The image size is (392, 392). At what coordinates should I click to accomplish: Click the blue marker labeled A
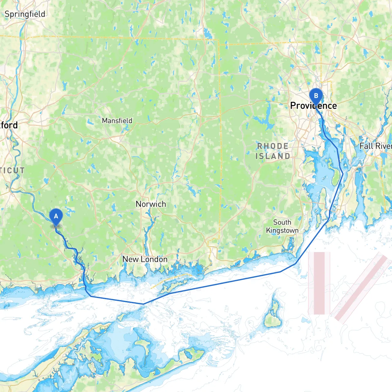56,217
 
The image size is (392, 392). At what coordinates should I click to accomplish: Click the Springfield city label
25,14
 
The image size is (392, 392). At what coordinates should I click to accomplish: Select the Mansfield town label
117,121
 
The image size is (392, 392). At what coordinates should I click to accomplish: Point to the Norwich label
151,204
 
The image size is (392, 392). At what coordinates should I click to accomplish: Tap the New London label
145,259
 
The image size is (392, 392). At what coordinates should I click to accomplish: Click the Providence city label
313,106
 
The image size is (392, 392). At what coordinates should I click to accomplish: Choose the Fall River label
375,146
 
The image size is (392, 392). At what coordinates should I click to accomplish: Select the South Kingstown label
282,226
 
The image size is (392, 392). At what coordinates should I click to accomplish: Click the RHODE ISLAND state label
273,151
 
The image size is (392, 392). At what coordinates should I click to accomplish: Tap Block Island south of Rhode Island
273,314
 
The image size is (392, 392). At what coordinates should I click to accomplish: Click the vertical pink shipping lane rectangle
319,283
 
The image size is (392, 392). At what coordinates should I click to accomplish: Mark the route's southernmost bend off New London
143,304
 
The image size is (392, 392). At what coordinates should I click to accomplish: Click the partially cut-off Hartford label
9,125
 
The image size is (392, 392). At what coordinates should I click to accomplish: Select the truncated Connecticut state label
12,170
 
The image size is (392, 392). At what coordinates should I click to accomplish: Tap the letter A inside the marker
56,216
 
